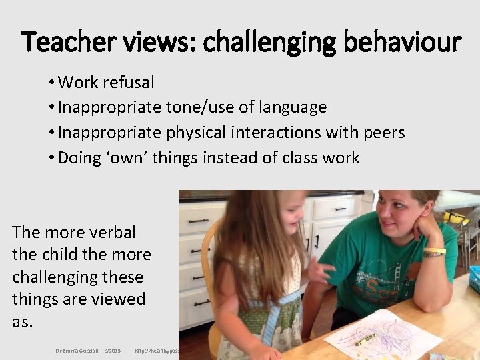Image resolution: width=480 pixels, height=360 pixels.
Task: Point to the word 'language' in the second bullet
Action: click(295, 107)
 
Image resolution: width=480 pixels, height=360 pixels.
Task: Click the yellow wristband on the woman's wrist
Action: click(434, 251)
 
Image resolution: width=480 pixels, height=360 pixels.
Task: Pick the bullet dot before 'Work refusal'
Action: click(51, 83)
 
